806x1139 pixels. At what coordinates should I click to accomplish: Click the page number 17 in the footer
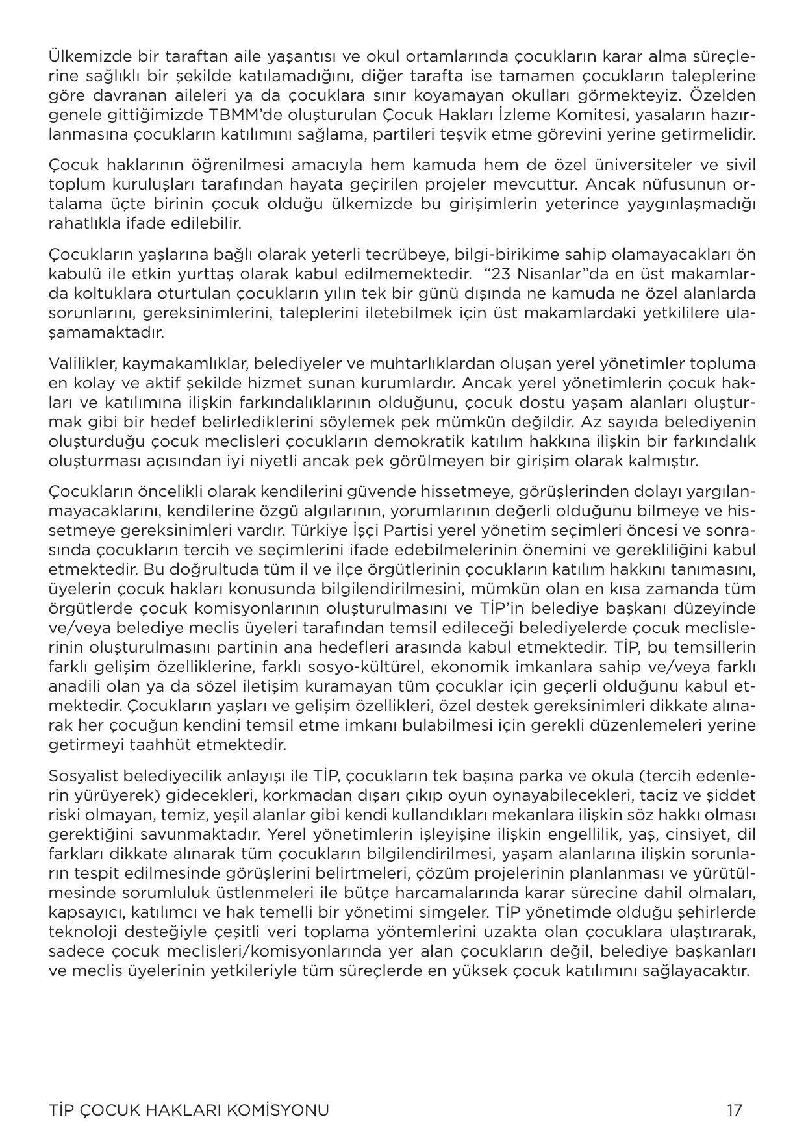point(734,1110)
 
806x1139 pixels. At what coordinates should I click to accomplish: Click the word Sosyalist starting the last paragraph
point(81,776)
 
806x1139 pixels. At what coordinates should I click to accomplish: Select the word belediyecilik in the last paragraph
point(161,776)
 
